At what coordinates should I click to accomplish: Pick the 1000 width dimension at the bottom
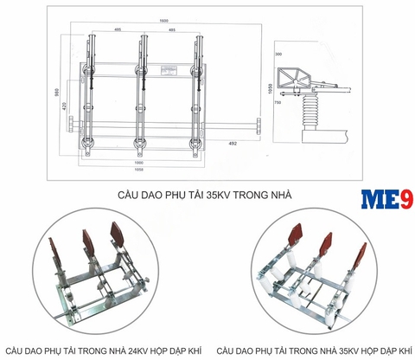tap(139, 162)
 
